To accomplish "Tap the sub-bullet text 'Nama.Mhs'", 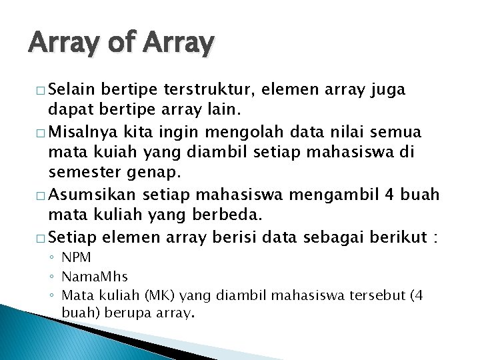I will click(x=95, y=275).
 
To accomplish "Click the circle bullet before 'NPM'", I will click(x=53, y=257).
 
